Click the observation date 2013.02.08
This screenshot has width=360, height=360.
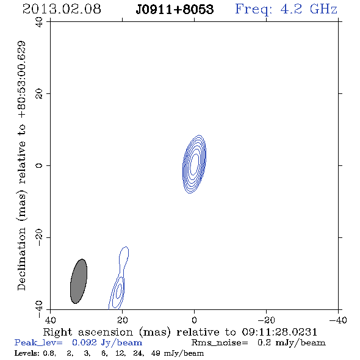pos(62,9)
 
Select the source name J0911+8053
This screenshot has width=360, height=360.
pos(175,10)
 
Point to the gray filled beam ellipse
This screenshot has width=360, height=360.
pos(79,281)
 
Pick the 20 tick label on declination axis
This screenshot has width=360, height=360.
pos(39,94)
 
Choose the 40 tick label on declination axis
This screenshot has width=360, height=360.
pos(39,22)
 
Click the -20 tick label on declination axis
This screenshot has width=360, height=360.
pos(39,237)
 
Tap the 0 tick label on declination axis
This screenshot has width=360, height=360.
pos(39,165)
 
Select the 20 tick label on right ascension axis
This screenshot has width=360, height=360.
pos(123,320)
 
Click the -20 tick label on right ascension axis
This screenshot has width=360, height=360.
pos(266,320)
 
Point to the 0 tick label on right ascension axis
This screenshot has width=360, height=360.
pos(194,320)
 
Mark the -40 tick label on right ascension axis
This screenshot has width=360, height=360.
pos(338,320)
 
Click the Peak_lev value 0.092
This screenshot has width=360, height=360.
pos(84,342)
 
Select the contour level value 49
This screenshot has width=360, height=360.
pos(156,353)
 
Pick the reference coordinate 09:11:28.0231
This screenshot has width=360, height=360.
pos(279,332)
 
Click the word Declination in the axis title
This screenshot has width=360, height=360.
pos(21,259)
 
